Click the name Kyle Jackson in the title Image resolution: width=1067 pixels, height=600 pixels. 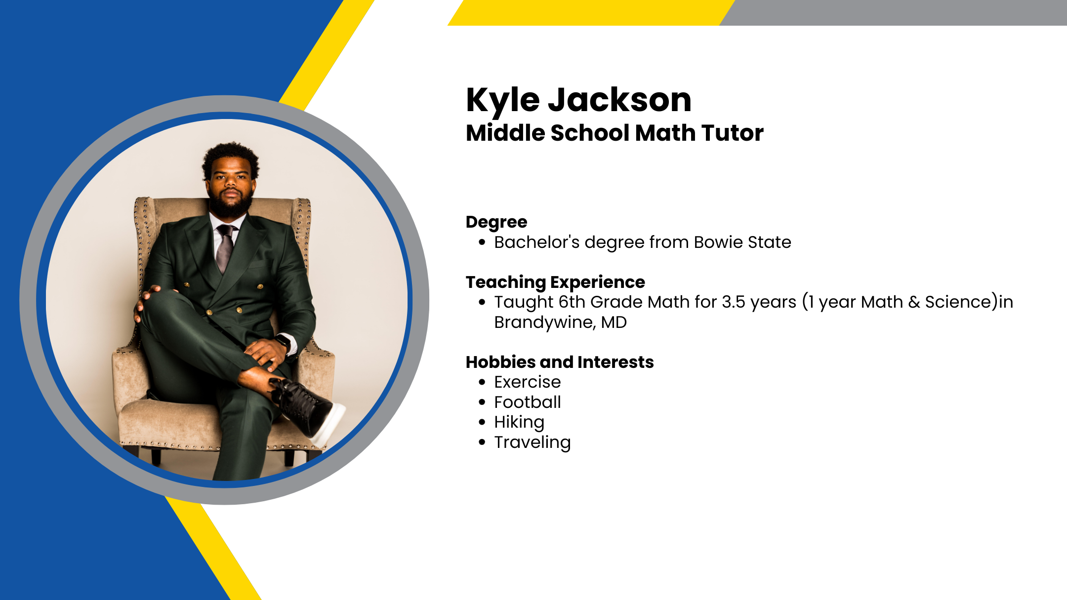click(578, 101)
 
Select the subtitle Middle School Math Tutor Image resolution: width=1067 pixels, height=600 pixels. click(615, 133)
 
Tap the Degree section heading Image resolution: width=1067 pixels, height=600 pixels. click(496, 223)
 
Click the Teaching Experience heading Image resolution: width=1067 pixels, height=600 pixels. click(555, 282)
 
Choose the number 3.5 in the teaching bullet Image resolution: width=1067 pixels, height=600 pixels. click(734, 302)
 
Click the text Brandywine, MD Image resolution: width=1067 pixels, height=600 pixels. click(561, 322)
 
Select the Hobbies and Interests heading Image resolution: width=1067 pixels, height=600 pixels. click(560, 362)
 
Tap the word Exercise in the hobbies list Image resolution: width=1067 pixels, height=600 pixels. click(528, 382)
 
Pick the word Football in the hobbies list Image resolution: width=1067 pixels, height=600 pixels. click(528, 402)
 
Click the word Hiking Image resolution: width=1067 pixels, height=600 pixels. click(519, 423)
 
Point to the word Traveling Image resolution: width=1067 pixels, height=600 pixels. click(533, 442)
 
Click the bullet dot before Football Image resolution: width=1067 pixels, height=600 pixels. click(482, 402)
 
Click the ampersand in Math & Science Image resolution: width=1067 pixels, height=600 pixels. click(914, 302)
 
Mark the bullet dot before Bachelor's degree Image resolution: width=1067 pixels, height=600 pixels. click(482, 242)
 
